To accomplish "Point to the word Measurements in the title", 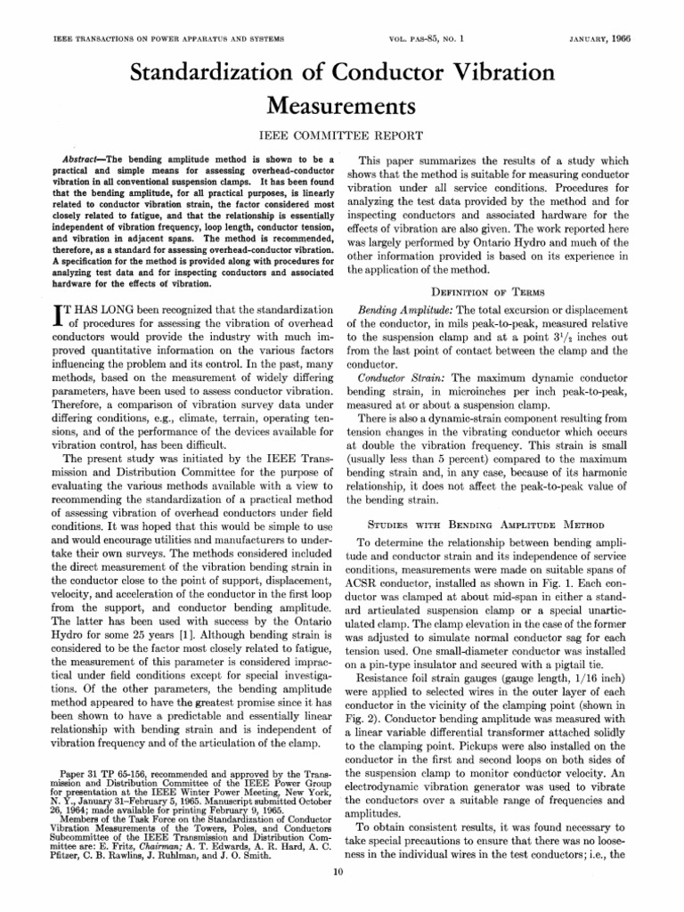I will pos(342,107).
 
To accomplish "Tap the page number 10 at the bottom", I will pos(342,894).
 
